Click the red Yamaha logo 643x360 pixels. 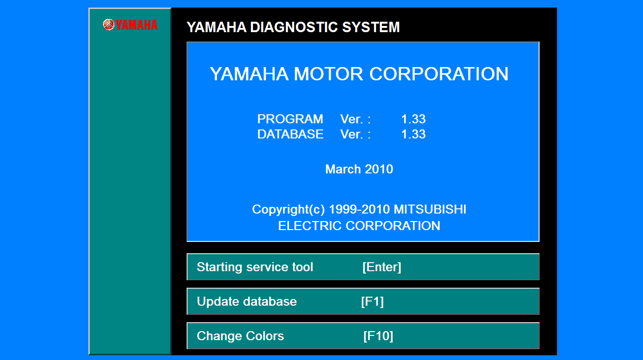coord(130,25)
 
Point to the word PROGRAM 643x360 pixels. coord(290,119)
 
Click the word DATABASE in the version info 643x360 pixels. coord(290,134)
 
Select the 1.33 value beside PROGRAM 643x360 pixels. coord(413,119)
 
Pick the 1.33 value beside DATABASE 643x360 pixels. coord(413,134)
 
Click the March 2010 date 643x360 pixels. coord(359,169)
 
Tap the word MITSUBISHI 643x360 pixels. coord(430,209)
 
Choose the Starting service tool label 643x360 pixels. coord(255,267)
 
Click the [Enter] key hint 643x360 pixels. coord(382,267)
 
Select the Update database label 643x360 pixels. coord(247,301)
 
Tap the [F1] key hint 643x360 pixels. coord(372,301)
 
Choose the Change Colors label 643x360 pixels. coord(240,336)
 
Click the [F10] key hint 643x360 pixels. coord(378,336)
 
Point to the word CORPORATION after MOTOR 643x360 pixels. coord(439,74)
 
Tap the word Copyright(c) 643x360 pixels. coord(288,209)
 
